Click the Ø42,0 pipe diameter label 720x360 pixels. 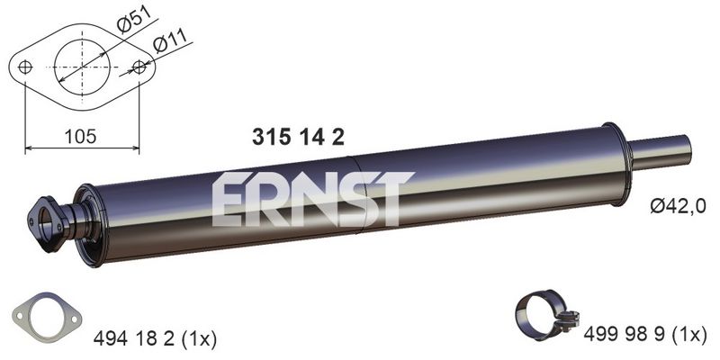click(677, 206)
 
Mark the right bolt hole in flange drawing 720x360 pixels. click(139, 66)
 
